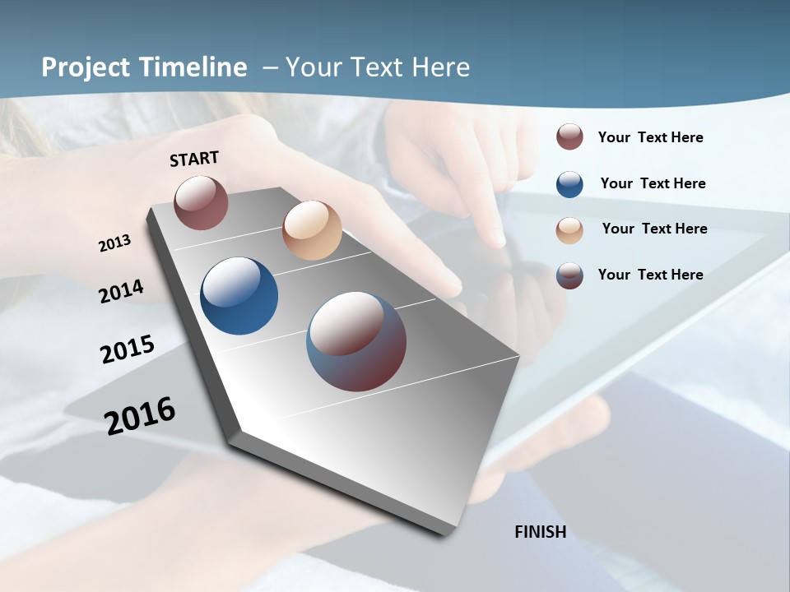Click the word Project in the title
tap(84, 67)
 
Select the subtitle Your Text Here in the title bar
tap(378, 67)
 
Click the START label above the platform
tap(194, 159)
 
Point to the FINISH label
tap(541, 532)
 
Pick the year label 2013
tap(115, 243)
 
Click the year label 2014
tap(122, 291)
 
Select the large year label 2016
tap(140, 415)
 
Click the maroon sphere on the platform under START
tap(201, 202)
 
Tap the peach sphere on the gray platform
tap(312, 230)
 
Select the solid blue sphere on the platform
tap(239, 296)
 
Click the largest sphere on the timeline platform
tap(356, 341)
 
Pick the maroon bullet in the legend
tap(569, 137)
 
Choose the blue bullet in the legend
tap(569, 184)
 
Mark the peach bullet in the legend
tap(569, 230)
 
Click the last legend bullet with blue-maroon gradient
tap(569, 275)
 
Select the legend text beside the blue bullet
tap(653, 183)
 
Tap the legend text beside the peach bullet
tap(654, 229)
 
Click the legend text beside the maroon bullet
tap(650, 137)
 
